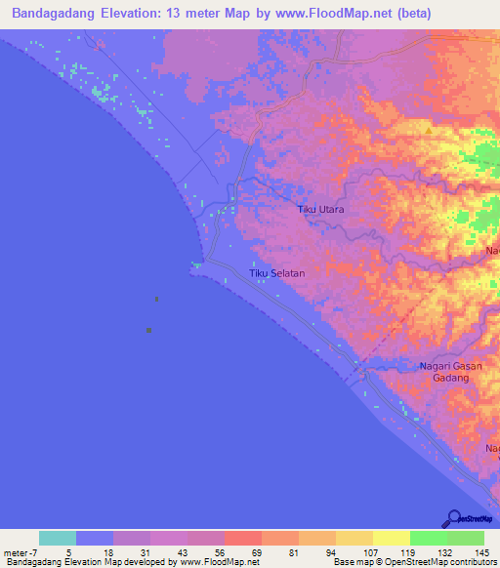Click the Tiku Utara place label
(x=320, y=210)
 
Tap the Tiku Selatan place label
(x=277, y=274)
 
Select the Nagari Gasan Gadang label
(x=444, y=372)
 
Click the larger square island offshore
(x=148, y=330)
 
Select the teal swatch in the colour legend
(x=58, y=538)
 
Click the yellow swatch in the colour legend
(x=392, y=538)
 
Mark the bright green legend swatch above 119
(x=429, y=538)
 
